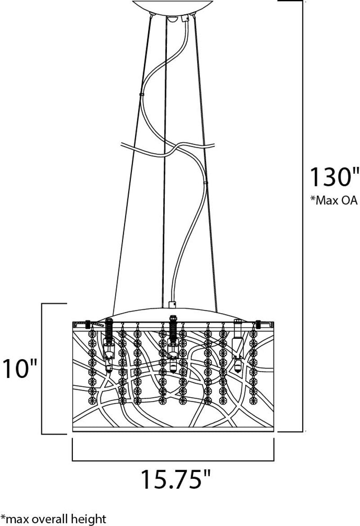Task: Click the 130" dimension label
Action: tap(333, 177)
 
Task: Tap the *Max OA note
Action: tap(333, 201)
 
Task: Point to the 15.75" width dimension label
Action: tap(175, 479)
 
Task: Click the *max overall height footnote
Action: tap(53, 519)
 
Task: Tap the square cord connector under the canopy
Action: tap(184, 19)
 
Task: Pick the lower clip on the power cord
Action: tap(206, 183)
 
